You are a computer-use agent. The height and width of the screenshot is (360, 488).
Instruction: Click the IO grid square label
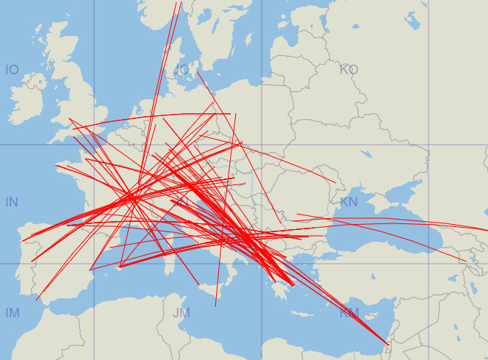[x=12, y=70]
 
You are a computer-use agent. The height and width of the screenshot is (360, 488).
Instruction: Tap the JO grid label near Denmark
[x=181, y=70]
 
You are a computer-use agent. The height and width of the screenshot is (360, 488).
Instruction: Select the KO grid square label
[x=348, y=70]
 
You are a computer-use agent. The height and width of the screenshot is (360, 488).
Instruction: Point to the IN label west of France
[x=12, y=202]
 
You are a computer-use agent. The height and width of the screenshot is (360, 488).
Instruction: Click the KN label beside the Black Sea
[x=348, y=202]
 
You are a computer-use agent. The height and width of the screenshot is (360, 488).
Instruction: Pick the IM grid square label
[x=12, y=314]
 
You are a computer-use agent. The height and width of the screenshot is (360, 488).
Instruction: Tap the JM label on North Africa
[x=181, y=314]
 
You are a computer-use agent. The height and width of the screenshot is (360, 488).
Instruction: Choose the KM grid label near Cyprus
[x=349, y=314]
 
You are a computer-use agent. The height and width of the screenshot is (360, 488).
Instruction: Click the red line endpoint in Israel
[x=388, y=345]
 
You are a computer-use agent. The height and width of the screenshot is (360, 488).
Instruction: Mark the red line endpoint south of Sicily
[x=215, y=306]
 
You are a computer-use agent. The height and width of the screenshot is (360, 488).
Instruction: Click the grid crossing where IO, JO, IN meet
[x=94, y=145]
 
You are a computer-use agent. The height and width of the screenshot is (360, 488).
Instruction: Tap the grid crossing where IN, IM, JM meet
[x=94, y=264]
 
